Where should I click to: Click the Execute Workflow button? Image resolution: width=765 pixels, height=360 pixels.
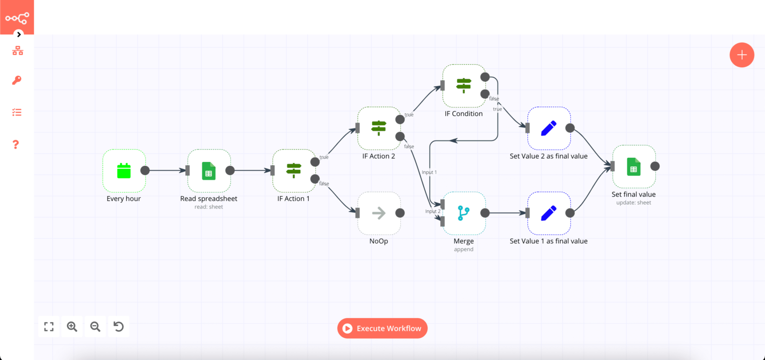382,328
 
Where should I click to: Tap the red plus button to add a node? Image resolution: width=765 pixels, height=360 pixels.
742,55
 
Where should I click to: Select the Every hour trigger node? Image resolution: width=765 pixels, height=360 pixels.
124,171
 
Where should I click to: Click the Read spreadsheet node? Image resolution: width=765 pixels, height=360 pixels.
209,171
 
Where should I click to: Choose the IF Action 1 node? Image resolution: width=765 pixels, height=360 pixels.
294,171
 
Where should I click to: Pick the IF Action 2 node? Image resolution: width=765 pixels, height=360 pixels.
379,128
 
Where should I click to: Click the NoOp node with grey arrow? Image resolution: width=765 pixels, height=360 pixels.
379,213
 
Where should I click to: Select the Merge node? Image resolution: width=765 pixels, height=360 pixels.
464,213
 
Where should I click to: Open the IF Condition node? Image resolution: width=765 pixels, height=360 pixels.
464,86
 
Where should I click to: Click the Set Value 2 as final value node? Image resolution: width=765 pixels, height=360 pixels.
548,128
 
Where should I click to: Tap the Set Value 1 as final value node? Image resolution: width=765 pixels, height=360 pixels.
548,213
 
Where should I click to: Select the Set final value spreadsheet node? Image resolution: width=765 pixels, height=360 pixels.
634,166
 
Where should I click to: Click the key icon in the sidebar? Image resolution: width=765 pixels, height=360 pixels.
17,81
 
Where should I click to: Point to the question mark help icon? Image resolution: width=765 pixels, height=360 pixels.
16,144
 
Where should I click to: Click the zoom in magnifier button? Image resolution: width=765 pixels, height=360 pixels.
72,327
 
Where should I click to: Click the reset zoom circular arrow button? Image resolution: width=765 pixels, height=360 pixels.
119,327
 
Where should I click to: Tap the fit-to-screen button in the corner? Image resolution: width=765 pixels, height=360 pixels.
49,327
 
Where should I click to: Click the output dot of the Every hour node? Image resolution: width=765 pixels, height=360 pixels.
145,170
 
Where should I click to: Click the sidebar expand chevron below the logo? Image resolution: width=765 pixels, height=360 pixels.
19,34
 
